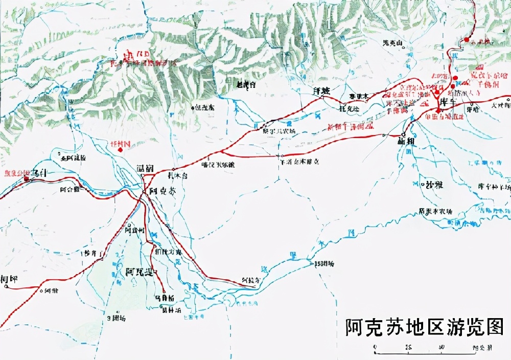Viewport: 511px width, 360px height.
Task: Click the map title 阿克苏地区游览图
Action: tap(424, 326)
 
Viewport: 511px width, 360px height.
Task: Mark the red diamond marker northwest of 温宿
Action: tap(121, 150)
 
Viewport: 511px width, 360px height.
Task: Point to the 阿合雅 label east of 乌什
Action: tap(69, 189)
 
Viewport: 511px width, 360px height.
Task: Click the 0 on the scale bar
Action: tap(376, 346)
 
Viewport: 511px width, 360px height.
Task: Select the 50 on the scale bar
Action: tap(440, 346)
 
